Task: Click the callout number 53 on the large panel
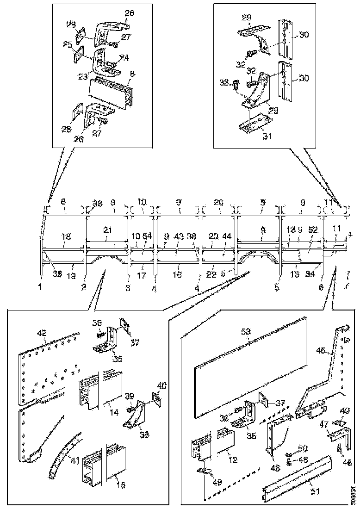[245, 331]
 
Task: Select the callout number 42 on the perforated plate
[42, 332]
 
